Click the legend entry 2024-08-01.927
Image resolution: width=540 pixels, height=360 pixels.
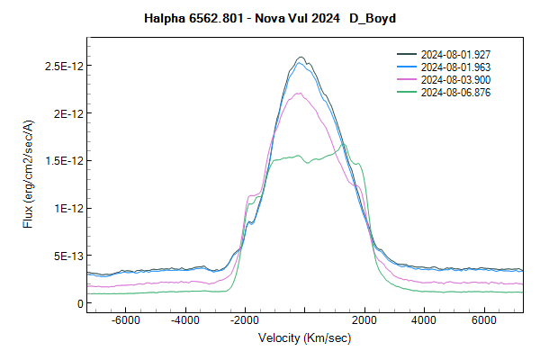coord(454,55)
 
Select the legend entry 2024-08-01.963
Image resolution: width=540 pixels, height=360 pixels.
coord(454,67)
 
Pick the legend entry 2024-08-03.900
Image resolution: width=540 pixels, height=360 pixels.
coord(454,79)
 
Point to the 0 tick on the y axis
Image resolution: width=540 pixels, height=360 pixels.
coord(77,303)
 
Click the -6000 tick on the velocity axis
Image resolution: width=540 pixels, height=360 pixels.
coord(125,320)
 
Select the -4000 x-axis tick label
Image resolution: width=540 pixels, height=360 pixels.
coord(185,320)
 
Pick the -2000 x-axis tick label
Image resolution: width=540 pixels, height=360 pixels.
coord(245,320)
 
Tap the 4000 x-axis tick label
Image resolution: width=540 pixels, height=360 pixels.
coord(425,320)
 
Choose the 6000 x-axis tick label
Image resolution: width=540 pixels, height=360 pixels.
coord(484,320)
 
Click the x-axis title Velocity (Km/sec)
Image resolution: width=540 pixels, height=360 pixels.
coord(305,338)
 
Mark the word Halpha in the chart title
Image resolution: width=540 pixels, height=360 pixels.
coord(164,19)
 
